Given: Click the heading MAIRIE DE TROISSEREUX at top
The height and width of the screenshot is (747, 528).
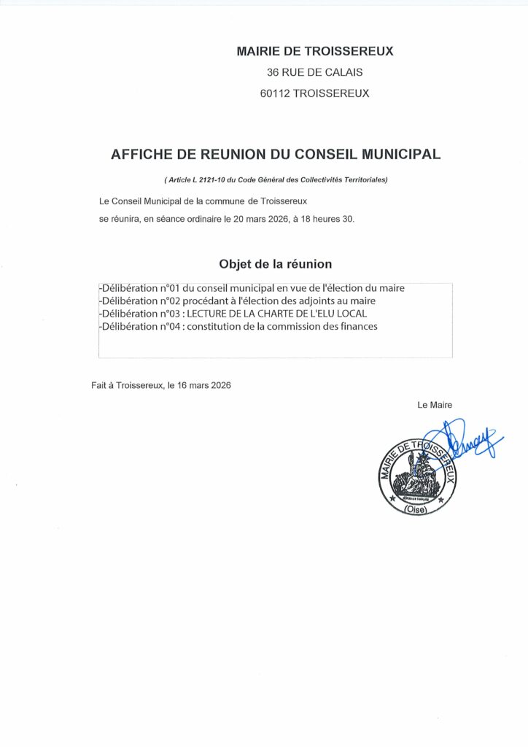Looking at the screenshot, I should (315, 51).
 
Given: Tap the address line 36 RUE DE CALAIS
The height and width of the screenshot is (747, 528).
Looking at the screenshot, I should (315, 72).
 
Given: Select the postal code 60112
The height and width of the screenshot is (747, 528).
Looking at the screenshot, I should (275, 93).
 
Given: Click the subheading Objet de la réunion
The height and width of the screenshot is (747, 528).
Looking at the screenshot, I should (276, 263).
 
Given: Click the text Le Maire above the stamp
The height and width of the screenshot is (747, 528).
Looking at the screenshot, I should (435, 405).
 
